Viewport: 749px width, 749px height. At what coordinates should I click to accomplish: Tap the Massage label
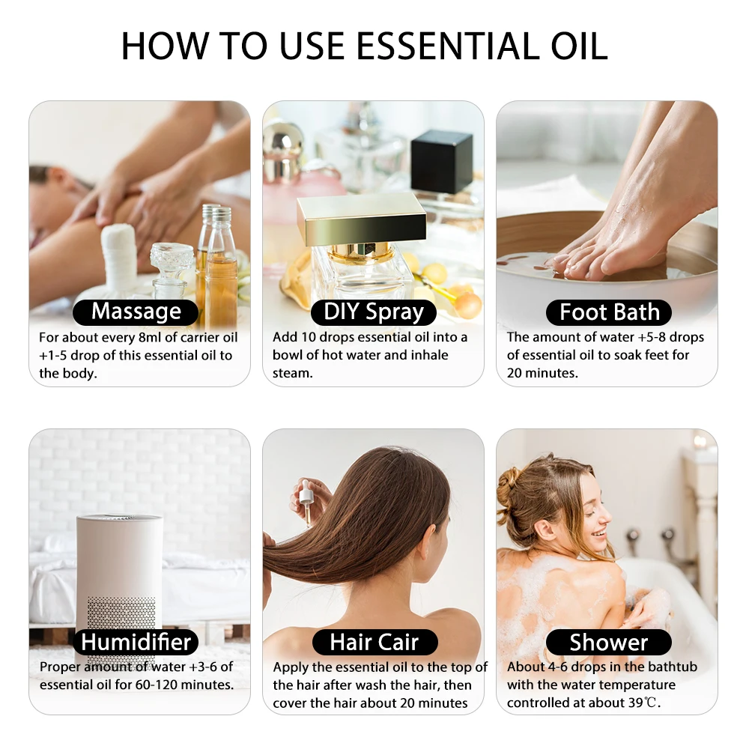(x=136, y=312)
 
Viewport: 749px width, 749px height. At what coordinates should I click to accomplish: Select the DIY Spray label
(x=373, y=312)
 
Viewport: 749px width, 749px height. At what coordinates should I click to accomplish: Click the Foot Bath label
(x=609, y=312)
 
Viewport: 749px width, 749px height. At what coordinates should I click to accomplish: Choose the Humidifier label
(x=136, y=642)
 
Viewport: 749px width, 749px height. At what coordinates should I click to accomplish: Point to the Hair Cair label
(x=373, y=642)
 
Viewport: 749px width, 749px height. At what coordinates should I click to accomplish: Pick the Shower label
(x=608, y=642)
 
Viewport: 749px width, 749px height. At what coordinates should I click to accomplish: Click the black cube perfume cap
(x=441, y=161)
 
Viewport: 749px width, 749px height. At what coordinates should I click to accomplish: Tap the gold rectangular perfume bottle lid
(x=361, y=219)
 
